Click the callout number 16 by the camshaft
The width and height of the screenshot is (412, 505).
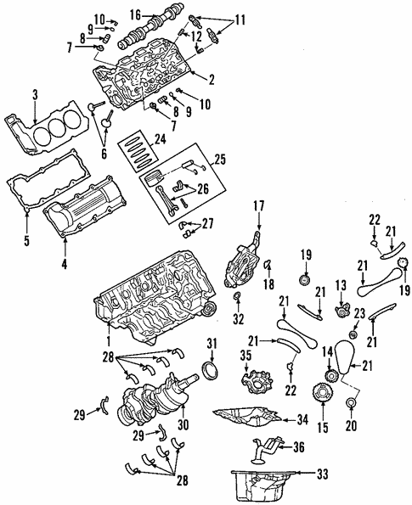(135, 14)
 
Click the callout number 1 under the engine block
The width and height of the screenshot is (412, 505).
(109, 339)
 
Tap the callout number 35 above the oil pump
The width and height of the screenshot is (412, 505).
(246, 355)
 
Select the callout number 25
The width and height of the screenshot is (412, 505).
(222, 159)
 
